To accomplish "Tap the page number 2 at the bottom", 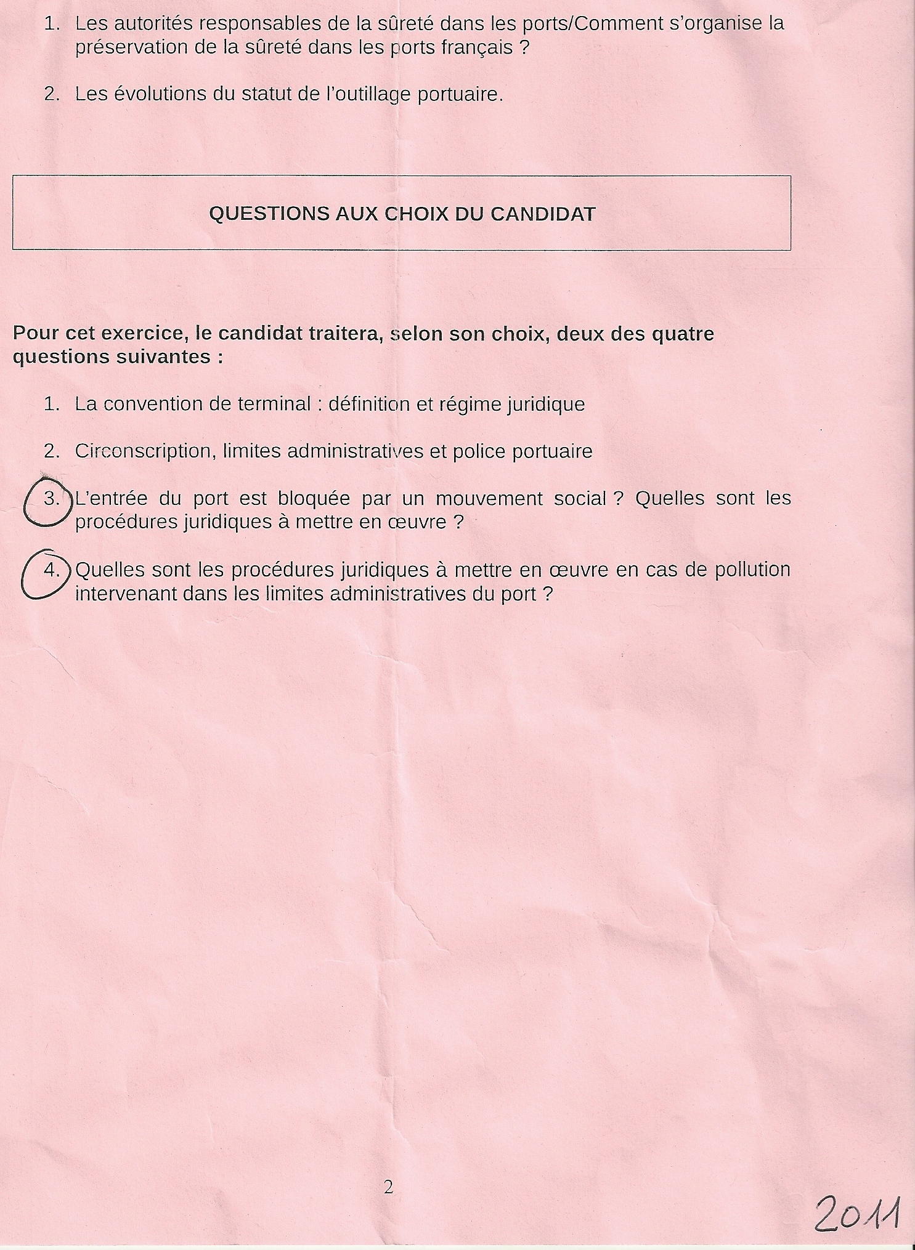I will click(x=388, y=1188).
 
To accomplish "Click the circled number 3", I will click(x=52, y=498).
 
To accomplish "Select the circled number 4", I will click(x=52, y=570).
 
